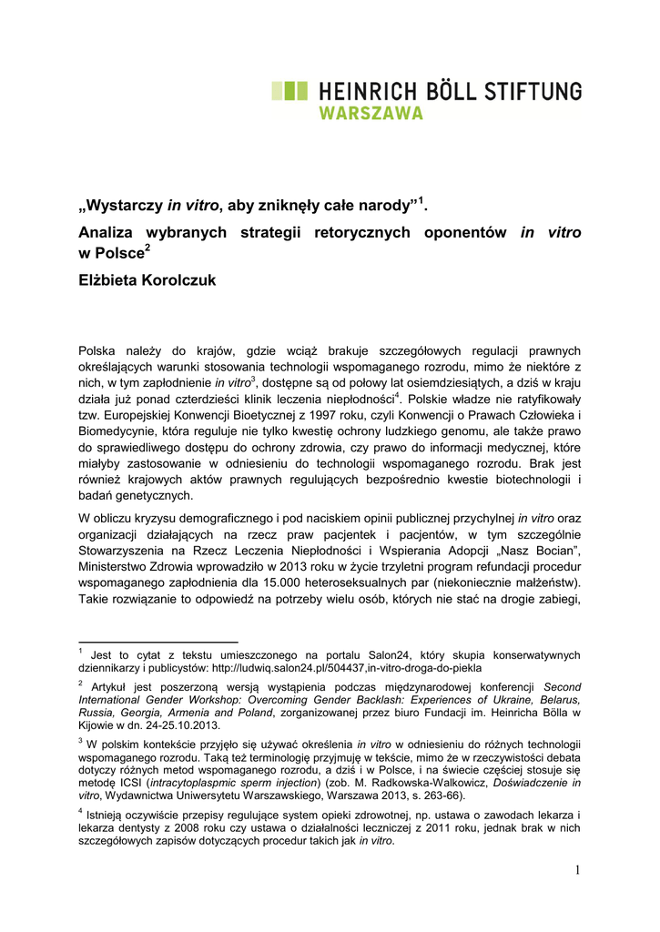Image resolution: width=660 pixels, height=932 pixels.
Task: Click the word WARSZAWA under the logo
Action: coord(371,114)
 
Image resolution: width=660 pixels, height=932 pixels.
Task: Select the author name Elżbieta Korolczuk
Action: coord(147,280)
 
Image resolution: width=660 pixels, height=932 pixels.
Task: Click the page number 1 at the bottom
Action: coord(577,870)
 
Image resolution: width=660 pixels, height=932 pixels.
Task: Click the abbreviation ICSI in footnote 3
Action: coord(130,782)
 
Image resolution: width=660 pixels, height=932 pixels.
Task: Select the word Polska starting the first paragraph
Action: coord(97,349)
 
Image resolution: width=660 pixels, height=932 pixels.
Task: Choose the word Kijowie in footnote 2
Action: coord(97,725)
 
